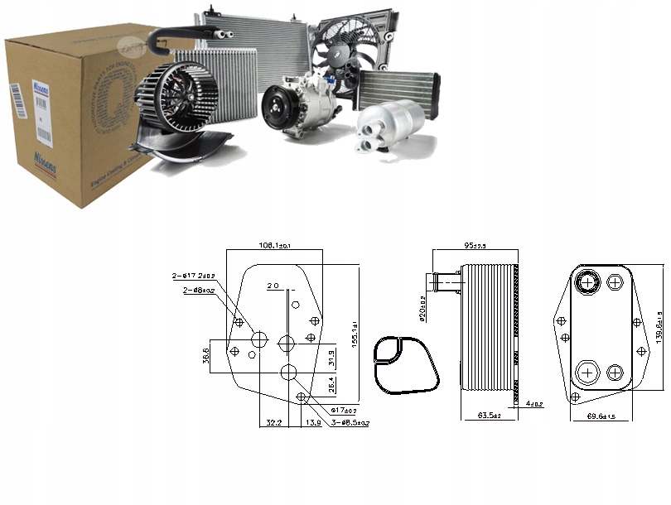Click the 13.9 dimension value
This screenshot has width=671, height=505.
click(313, 423)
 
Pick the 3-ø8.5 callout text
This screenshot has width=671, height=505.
click(350, 423)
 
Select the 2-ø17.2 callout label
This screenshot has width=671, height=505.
click(193, 275)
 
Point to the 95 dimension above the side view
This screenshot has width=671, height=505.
click(474, 246)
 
